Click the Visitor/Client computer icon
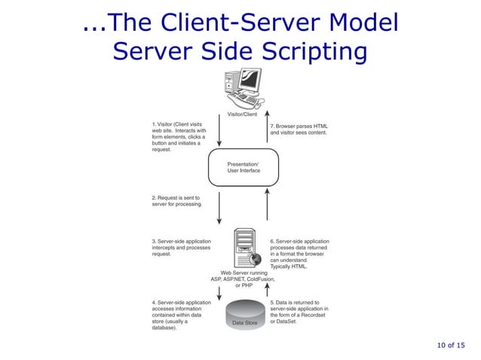tap(243, 89)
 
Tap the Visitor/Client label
tap(242, 114)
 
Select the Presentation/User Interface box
tap(244, 167)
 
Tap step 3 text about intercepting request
tap(181, 248)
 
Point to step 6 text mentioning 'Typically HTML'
tap(299, 254)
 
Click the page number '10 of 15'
tap(450, 345)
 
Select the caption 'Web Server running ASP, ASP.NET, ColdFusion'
tap(243, 279)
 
